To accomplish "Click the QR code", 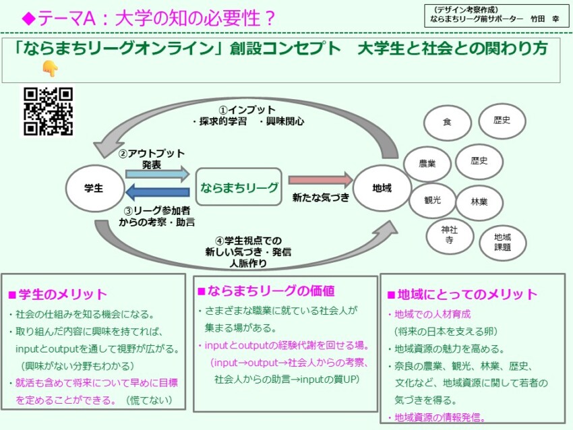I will (x=48, y=111).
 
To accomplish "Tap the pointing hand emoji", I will (x=50, y=68).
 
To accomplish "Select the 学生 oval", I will (x=94, y=188).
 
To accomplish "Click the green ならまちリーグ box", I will (x=238, y=187).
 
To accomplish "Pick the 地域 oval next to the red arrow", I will (x=382, y=188).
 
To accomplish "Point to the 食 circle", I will (x=447, y=122).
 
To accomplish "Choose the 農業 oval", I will (x=427, y=163).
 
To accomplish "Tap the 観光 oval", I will (x=432, y=200).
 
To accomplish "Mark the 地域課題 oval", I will (x=502, y=242).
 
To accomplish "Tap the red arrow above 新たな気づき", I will (x=321, y=180).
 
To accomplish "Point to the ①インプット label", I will (x=246, y=110).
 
